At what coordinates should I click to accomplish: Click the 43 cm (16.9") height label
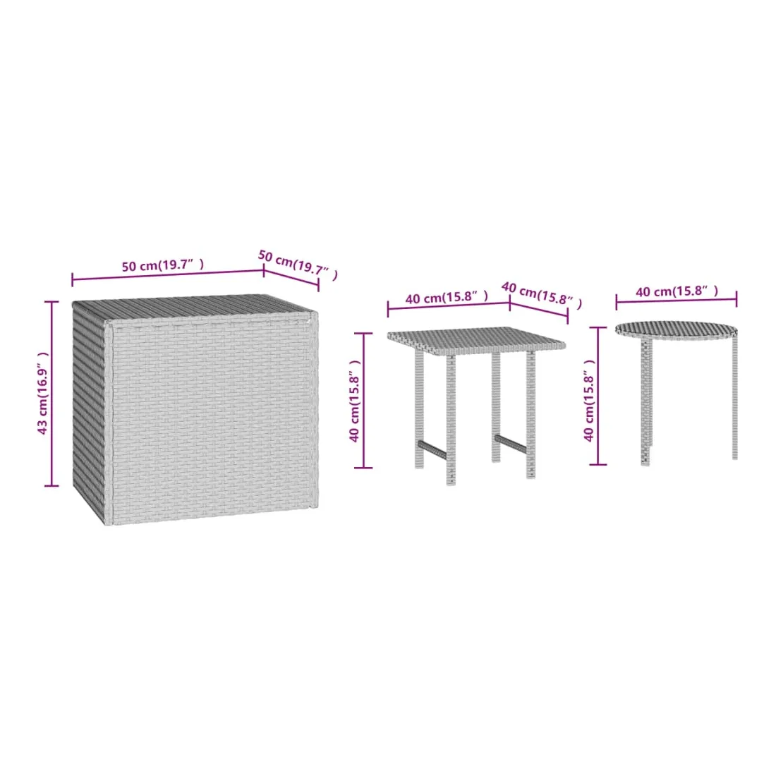click(x=43, y=393)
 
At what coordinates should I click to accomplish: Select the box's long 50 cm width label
click(x=163, y=265)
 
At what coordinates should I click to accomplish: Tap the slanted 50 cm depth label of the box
click(x=298, y=265)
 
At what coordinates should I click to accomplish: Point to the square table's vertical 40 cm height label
click(x=354, y=401)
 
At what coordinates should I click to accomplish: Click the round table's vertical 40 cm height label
click(x=588, y=400)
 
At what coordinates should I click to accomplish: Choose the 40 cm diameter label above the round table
click(x=677, y=291)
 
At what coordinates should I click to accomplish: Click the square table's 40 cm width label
click(x=447, y=297)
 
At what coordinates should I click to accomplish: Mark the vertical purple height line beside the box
click(x=51, y=394)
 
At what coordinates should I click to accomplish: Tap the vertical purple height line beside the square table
click(x=364, y=401)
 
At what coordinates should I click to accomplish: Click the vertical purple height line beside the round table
click(x=598, y=396)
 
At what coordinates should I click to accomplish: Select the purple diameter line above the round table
click(x=676, y=300)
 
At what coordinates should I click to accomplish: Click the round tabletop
click(x=676, y=330)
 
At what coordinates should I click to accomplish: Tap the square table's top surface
click(x=476, y=341)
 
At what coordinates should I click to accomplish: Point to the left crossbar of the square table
click(x=432, y=449)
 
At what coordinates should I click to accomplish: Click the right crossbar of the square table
click(x=510, y=444)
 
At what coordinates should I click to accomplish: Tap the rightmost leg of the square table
click(x=531, y=415)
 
